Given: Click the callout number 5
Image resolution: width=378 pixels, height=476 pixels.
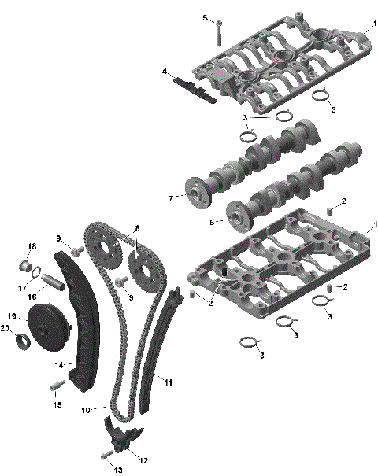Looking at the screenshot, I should tap(205, 17).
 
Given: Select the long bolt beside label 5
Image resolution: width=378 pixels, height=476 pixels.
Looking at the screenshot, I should tap(218, 32).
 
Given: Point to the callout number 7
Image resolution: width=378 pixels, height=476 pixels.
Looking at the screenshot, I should tap(171, 198).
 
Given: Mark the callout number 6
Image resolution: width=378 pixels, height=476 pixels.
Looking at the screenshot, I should tap(212, 223).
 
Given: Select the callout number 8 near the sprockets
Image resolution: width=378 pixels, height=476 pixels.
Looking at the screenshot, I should tap(137, 228).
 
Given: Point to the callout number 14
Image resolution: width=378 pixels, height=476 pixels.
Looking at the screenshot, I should tap(58, 365).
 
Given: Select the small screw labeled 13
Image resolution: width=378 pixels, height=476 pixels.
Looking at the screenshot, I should tap(104, 456).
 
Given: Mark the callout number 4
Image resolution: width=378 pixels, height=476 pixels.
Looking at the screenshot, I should tap(165, 72).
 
